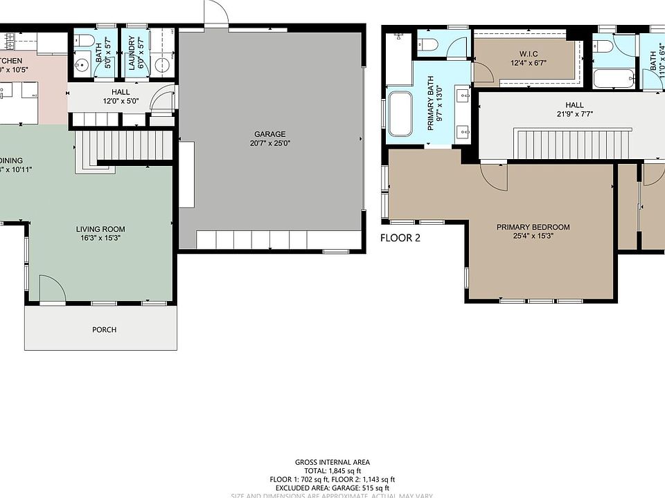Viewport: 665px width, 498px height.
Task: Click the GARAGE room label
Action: click(x=270, y=134)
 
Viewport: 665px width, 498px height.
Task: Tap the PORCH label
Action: click(x=104, y=330)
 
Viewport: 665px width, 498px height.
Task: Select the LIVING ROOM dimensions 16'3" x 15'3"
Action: click(x=100, y=238)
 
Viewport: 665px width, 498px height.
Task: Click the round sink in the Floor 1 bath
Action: click(x=81, y=66)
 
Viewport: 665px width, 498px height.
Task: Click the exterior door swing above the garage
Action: click(x=215, y=12)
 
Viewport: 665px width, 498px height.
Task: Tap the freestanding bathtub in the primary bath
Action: click(x=400, y=113)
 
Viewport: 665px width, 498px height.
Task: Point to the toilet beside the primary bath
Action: click(x=427, y=45)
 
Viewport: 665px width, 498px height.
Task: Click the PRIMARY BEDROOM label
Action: click(x=533, y=227)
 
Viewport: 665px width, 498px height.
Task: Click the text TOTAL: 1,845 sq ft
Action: click(x=332, y=470)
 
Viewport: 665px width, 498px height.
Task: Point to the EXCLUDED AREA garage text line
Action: click(x=332, y=487)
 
